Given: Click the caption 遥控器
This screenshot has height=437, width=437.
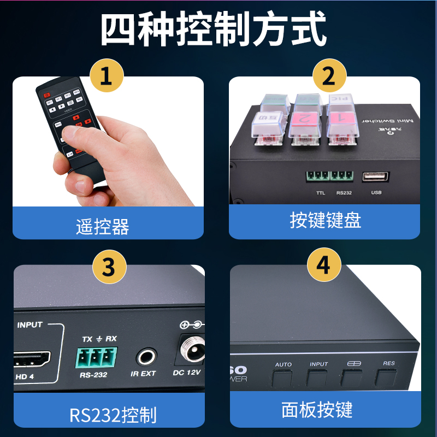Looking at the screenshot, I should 103,226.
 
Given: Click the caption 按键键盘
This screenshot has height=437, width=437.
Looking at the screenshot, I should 325,221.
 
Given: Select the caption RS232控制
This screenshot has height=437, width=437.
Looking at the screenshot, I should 113,415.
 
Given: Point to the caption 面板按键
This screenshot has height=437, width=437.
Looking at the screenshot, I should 317,410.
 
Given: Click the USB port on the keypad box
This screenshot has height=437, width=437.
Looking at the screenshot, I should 376,177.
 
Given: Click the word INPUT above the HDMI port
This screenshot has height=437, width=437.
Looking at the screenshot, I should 29,324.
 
